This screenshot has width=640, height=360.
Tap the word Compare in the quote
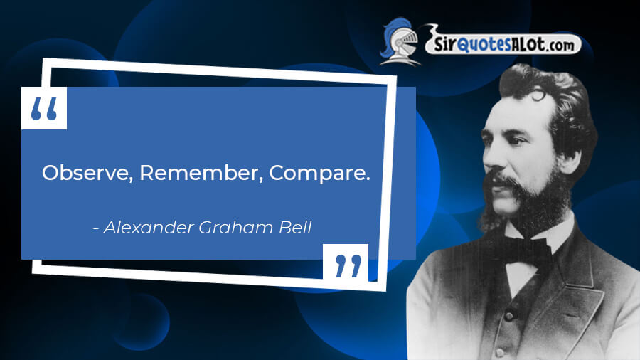[319, 174]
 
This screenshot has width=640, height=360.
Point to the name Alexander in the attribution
[149, 228]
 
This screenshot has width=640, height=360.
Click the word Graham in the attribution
[236, 228]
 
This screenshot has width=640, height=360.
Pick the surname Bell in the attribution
[295, 228]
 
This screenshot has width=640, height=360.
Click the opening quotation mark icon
[44, 108]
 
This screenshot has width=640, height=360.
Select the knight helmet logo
[400, 42]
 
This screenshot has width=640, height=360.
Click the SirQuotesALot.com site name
[503, 43]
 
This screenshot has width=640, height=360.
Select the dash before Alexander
[96, 229]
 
